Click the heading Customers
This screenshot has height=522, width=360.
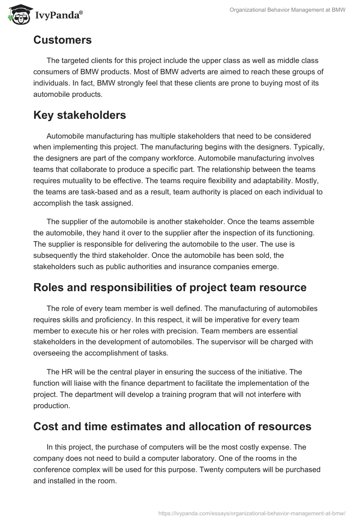pyautogui.click(x=63, y=40)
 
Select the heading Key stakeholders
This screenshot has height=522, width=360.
pyautogui.click(x=80, y=115)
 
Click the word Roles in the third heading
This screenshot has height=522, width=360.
pyautogui.click(x=49, y=288)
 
